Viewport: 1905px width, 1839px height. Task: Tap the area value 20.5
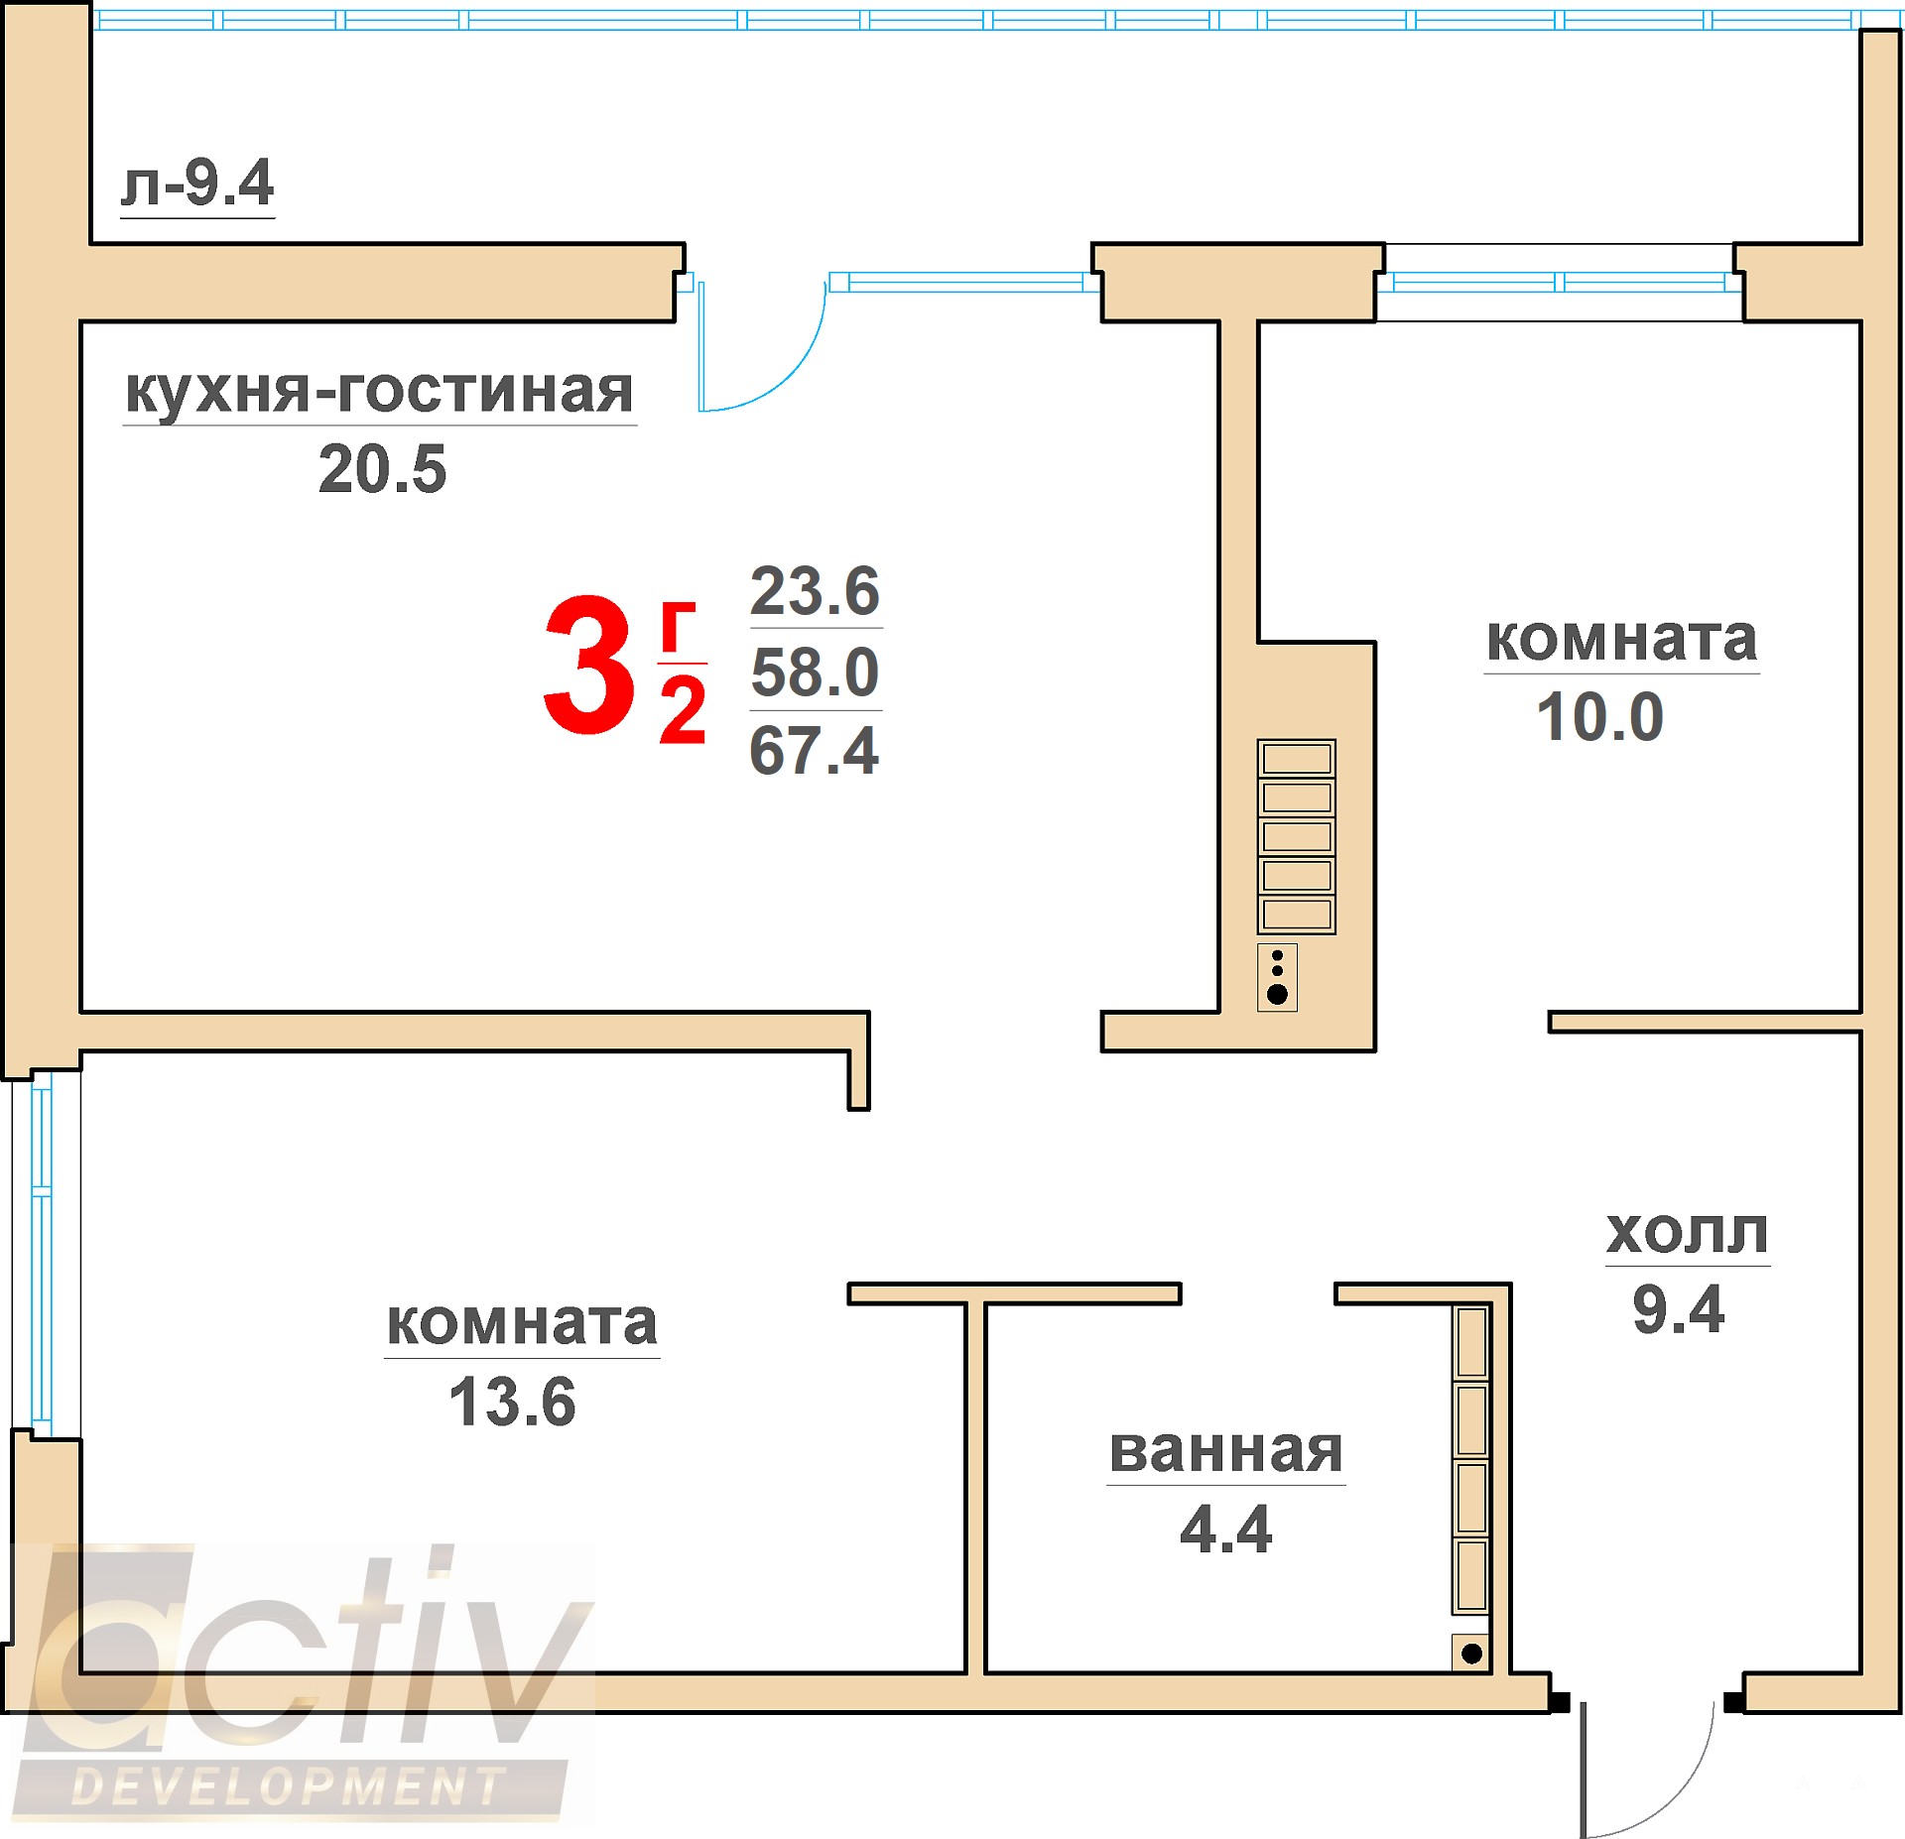pyautogui.click(x=382, y=468)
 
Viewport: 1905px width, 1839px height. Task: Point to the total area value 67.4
pyautogui.click(x=814, y=750)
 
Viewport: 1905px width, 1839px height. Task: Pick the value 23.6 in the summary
pyautogui.click(x=815, y=590)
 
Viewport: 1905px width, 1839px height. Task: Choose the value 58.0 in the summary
pyautogui.click(x=815, y=672)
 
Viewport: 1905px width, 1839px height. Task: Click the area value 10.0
pyautogui.click(x=1599, y=716)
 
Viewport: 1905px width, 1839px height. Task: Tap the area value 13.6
pyautogui.click(x=512, y=1402)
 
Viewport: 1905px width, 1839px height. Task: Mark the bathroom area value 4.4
pyautogui.click(x=1225, y=1529)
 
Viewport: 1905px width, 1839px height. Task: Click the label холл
pyautogui.click(x=1687, y=1233)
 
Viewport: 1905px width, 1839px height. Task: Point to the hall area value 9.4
pyautogui.click(x=1679, y=1309)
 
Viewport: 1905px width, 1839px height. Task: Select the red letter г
pyautogui.click(x=678, y=627)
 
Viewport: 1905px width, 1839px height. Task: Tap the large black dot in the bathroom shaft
pyautogui.click(x=1472, y=1654)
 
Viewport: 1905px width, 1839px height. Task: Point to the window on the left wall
pyautogui.click(x=42, y=1254)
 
